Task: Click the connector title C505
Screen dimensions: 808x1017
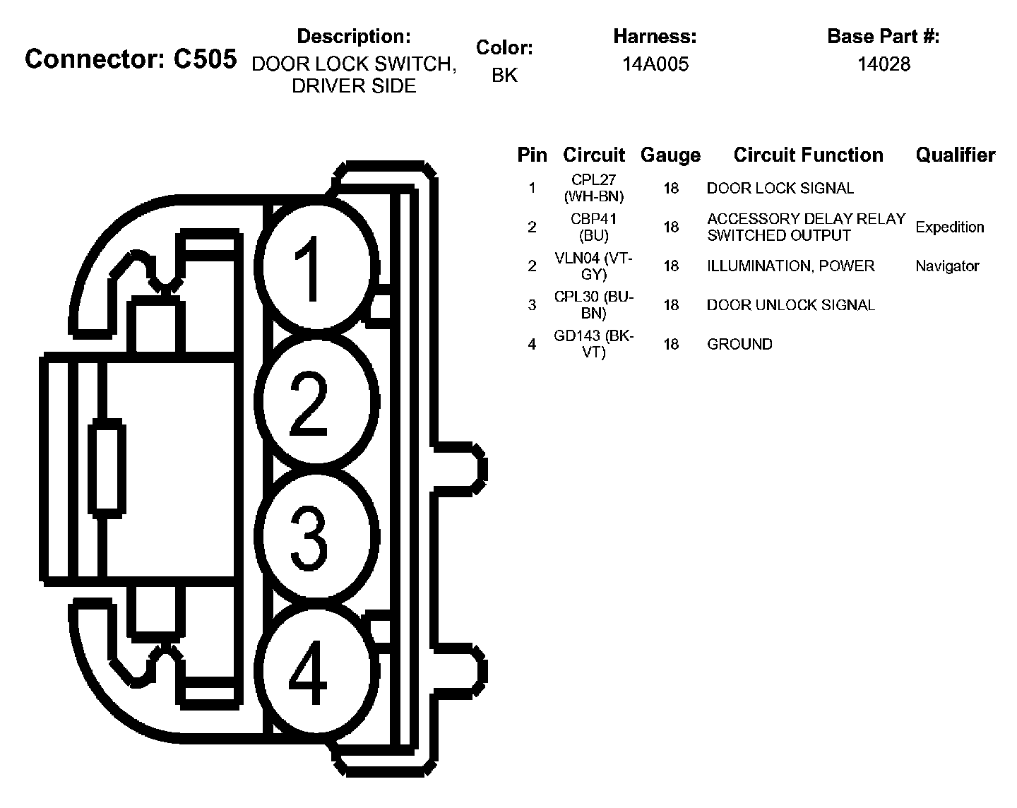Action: [x=131, y=59]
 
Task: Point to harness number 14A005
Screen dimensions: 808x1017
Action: [x=655, y=64]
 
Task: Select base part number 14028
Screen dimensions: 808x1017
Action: [x=884, y=64]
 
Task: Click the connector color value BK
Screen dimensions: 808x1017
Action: [x=504, y=75]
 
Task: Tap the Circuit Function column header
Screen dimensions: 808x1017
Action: [x=808, y=155]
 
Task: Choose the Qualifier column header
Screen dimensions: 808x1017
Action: [x=955, y=155]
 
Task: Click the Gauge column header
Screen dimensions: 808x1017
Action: [x=670, y=155]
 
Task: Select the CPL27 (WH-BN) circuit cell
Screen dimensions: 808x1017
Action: [x=593, y=189]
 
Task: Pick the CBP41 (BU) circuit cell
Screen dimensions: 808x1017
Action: [x=593, y=227]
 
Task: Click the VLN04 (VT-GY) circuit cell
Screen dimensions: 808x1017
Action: [x=593, y=266]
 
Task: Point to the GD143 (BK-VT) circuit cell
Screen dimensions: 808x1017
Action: [x=593, y=344]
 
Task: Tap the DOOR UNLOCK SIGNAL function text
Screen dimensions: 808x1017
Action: [x=790, y=305]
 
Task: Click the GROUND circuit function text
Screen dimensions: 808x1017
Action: [x=739, y=344]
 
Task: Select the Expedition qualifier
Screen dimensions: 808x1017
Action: [x=949, y=227]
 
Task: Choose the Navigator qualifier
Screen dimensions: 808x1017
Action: [x=947, y=266]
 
